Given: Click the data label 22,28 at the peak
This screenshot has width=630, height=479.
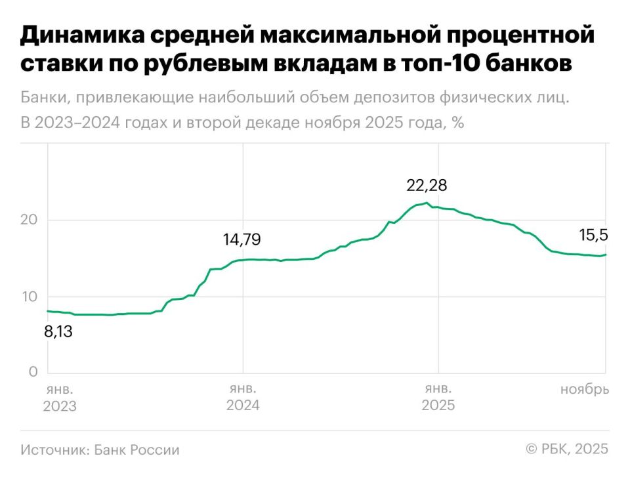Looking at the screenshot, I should [x=427, y=186].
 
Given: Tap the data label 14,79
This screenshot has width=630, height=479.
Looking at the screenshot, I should [x=241, y=240].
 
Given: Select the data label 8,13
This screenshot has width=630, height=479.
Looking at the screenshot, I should [x=58, y=332].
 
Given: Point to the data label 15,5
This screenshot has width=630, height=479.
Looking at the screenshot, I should [x=593, y=235].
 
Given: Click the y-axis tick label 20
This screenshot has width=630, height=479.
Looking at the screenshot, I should [x=29, y=220].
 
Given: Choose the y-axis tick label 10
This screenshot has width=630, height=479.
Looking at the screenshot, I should [x=29, y=297].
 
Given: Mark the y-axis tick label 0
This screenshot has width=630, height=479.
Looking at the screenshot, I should [x=33, y=373].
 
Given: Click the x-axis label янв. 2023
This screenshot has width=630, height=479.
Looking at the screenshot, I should [x=60, y=398].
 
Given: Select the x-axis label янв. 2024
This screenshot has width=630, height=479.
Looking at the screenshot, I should [x=243, y=398].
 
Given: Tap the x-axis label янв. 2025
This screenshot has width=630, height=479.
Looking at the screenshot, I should [x=438, y=398].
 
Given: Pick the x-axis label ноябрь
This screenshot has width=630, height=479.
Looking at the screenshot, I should [x=584, y=390].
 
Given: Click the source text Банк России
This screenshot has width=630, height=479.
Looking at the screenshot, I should [x=136, y=450].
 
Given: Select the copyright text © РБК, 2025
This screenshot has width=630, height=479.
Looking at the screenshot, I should [x=566, y=449].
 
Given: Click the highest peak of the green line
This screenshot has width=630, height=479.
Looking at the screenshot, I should [x=427, y=203].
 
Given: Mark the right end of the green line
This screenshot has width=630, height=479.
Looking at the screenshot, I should [x=605, y=255].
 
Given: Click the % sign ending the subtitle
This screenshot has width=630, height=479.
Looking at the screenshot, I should [x=457, y=123].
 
